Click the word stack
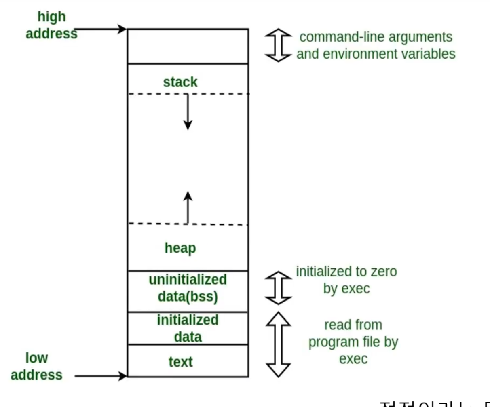pos(180,82)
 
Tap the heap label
pos(180,248)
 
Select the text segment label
pos(180,362)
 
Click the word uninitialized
pos(188,280)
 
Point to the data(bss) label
pos(188,297)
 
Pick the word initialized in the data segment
pos(188,320)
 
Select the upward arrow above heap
pos(188,207)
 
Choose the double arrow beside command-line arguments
pos(278,45)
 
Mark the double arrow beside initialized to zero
pos(278,287)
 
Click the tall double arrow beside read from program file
pos(278,344)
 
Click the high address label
pos(51,25)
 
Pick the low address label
pos(36,366)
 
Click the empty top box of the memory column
pos(188,46)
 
